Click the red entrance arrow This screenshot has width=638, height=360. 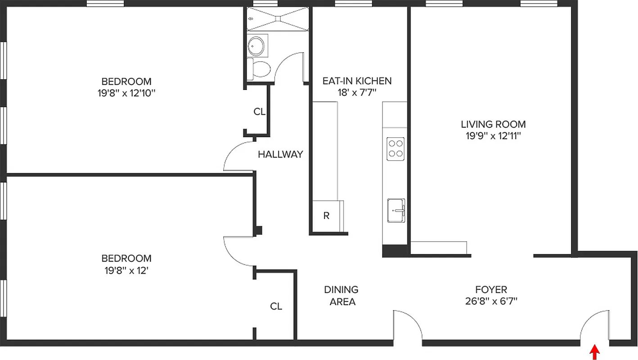(x=595, y=352)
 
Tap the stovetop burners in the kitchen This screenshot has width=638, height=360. (x=395, y=148)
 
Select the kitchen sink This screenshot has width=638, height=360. (x=396, y=210)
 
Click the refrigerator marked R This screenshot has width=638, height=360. (x=327, y=216)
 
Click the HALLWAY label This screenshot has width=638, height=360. (x=280, y=154)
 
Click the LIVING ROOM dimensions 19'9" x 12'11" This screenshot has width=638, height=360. (x=493, y=136)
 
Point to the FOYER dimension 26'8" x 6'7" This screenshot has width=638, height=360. (x=491, y=301)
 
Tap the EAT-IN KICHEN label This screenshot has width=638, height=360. (x=357, y=81)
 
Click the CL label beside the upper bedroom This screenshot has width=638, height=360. (x=259, y=112)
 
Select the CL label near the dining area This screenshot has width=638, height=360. (x=276, y=306)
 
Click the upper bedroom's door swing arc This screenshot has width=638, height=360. (x=236, y=155)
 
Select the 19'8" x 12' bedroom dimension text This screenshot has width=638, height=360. (x=126, y=271)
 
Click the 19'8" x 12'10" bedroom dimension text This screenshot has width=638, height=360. (x=126, y=94)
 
